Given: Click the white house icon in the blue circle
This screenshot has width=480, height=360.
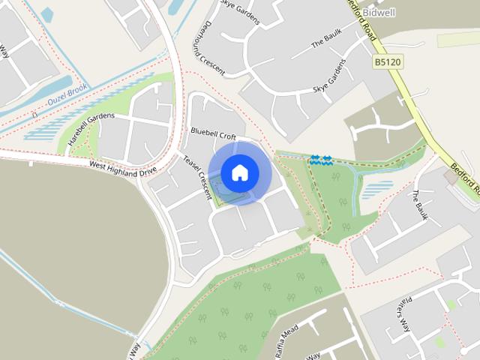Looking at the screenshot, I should tap(240, 173).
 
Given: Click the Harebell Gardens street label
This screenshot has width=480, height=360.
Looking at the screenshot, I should tap(91, 129).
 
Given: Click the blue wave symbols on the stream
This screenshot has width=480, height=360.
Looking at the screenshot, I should tap(321, 159).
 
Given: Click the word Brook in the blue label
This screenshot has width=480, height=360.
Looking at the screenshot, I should tap(77, 90).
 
